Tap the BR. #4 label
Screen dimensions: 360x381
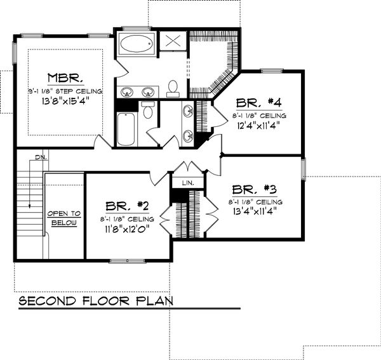point(257,103)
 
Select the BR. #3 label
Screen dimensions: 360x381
point(253,189)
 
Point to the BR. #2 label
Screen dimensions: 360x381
point(127,206)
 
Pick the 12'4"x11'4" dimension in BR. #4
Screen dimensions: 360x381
point(257,126)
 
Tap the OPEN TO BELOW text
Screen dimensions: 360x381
point(64,218)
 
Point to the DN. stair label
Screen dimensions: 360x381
point(40,156)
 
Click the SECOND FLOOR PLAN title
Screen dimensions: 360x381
point(95,300)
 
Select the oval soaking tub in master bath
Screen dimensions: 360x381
point(135,44)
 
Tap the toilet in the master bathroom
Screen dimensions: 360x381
point(173,89)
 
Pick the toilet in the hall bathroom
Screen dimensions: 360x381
point(148,111)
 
